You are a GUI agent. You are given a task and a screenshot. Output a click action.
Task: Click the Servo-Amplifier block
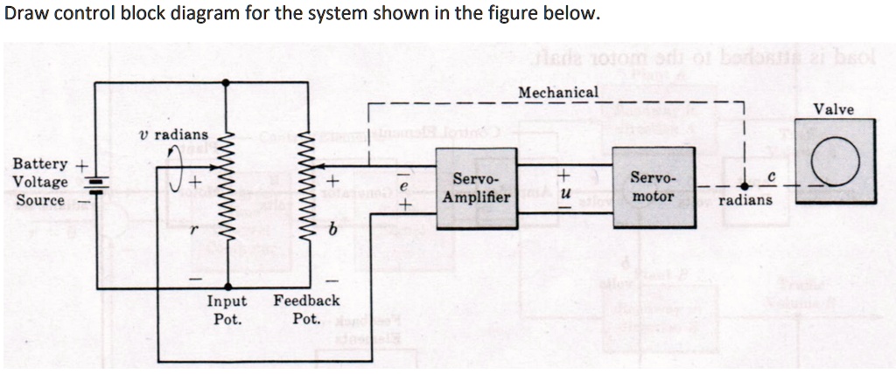click(x=477, y=189)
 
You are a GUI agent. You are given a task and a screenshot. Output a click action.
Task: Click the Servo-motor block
click(x=652, y=189)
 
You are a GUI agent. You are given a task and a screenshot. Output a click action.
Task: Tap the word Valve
click(x=834, y=108)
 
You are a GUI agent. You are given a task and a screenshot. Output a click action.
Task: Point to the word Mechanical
click(x=558, y=92)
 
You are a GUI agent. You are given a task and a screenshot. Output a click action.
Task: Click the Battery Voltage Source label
click(x=40, y=182)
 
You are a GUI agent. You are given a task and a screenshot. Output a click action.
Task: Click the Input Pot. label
click(x=227, y=309)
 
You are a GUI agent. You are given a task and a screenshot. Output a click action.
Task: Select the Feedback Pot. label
click(x=306, y=309)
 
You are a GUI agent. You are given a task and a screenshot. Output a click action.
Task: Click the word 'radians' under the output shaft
click(x=745, y=200)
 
